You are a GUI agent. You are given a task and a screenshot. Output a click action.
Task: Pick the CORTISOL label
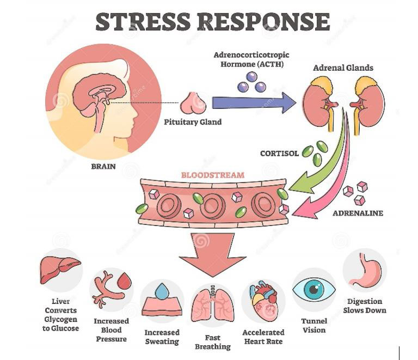tap(279, 154)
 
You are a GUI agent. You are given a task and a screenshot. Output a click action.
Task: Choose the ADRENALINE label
tap(358, 213)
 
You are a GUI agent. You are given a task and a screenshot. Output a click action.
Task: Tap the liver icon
tap(60, 270)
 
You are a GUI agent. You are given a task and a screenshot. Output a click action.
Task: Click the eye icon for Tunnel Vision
tap(314, 289)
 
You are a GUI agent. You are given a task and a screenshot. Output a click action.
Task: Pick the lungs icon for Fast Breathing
tap(213, 303)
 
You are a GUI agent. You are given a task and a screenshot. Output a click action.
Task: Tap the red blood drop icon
tap(125, 282)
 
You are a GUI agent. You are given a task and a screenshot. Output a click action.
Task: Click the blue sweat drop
tap(162, 292)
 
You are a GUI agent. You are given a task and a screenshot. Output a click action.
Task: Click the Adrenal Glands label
tap(343, 68)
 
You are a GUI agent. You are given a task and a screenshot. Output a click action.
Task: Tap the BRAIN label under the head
tap(103, 166)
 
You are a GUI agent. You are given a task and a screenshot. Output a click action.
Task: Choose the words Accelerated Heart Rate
tap(263, 337)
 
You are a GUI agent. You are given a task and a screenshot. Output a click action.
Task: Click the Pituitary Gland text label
tap(193, 122)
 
